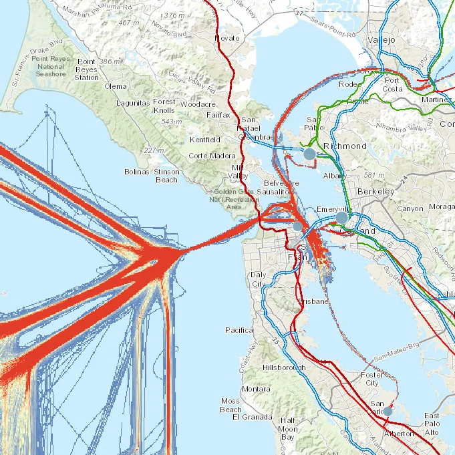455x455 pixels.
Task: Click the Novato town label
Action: (226, 38)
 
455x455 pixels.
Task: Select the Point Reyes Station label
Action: (86, 69)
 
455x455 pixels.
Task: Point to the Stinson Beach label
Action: (166, 176)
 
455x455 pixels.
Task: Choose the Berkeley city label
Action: (376, 191)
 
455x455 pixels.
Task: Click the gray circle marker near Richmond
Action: (309, 154)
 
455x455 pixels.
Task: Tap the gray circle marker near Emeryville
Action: (342, 217)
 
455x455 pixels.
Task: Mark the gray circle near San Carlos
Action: (388, 412)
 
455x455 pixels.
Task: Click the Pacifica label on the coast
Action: (239, 330)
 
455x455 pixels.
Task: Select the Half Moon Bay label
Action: (288, 428)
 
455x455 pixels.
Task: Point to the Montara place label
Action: (256, 389)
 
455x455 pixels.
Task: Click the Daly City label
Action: (257, 279)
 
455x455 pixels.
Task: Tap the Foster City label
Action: (371, 380)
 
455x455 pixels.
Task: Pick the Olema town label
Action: (116, 86)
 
